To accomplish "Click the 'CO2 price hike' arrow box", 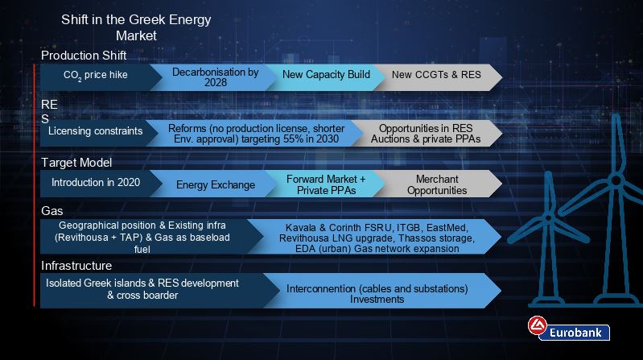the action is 96,77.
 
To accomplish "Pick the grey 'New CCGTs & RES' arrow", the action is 437,77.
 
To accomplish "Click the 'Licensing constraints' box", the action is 96,133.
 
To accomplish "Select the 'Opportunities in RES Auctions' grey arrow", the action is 427,133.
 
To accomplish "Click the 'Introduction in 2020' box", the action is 96,184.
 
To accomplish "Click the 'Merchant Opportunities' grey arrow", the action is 437,184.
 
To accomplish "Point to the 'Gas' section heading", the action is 52,211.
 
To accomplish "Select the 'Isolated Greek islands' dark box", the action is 152,290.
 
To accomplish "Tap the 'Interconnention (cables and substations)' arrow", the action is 381,290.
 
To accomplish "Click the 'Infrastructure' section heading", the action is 76,266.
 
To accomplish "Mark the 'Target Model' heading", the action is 76,163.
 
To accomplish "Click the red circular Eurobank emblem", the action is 538,325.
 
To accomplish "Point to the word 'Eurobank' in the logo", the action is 575,333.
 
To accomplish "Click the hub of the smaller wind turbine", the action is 548,217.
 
